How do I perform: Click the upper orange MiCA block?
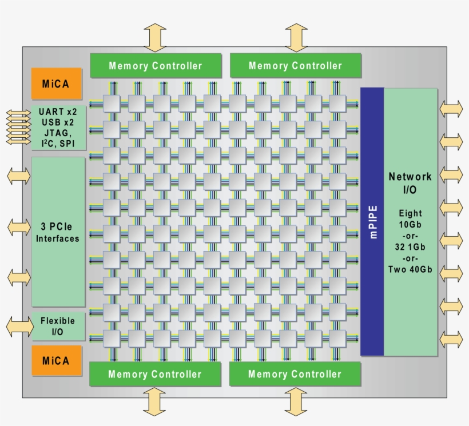click(x=56, y=84)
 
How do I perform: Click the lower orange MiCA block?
click(x=56, y=361)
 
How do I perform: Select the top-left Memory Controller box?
click(x=156, y=66)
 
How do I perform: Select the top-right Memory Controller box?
click(x=295, y=66)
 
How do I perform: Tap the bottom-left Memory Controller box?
click(x=155, y=375)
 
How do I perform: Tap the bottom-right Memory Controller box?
click(x=295, y=375)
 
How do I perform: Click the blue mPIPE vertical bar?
click(x=372, y=222)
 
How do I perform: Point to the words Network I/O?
click(x=410, y=184)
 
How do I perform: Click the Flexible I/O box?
click(x=58, y=327)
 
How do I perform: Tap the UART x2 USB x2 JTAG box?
click(x=59, y=127)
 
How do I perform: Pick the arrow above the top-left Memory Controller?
click(x=155, y=38)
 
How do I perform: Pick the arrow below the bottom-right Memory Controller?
click(x=296, y=401)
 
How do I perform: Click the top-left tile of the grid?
click(x=111, y=103)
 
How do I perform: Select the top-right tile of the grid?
click(x=337, y=103)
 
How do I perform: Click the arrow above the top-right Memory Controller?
click(x=296, y=38)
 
